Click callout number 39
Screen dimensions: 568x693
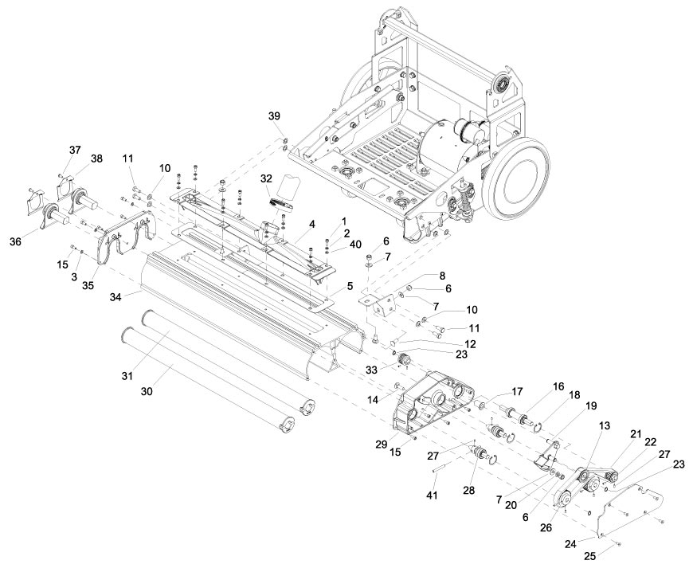(275, 116)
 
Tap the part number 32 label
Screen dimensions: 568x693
(266, 178)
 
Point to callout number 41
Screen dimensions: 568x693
(432, 495)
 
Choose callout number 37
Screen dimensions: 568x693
(76, 150)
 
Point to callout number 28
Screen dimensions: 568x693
(468, 491)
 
